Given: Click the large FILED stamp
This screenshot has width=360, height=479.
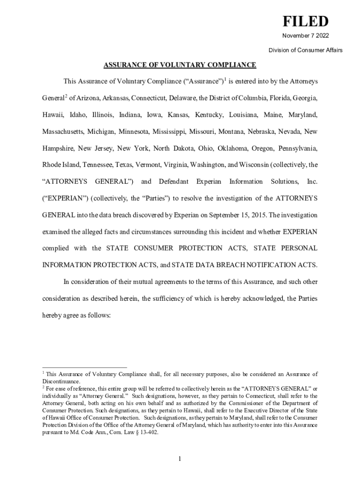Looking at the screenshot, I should tap(304, 22).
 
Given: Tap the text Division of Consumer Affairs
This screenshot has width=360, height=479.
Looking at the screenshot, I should tap(305, 50).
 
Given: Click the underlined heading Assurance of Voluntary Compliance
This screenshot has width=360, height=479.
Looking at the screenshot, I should tap(180, 65).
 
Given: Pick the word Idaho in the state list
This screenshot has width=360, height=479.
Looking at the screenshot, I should tap(78, 115).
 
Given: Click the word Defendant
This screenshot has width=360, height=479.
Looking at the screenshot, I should tap(173, 181).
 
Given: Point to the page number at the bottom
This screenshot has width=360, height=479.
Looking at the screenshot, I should tap(180, 458).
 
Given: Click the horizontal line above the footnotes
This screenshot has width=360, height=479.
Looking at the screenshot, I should tap(84, 367).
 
